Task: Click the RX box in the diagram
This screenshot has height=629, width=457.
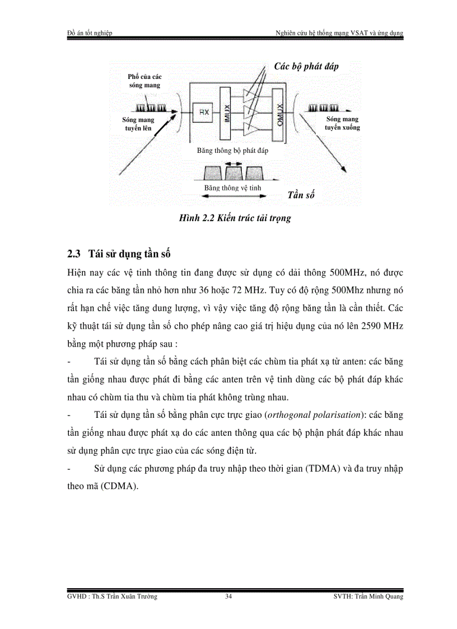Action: (x=203, y=113)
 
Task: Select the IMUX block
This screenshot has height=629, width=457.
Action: (x=226, y=114)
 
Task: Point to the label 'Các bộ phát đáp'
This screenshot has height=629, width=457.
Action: (x=306, y=67)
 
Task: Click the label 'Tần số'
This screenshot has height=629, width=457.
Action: (x=301, y=195)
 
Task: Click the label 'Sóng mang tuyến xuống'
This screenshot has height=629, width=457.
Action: (x=342, y=123)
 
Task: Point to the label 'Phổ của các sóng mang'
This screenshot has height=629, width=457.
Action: (x=144, y=81)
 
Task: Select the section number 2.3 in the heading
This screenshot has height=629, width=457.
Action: (x=74, y=254)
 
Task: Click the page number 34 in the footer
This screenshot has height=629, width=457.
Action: (x=228, y=597)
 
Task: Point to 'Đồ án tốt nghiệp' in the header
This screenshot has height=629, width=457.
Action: (x=89, y=33)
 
